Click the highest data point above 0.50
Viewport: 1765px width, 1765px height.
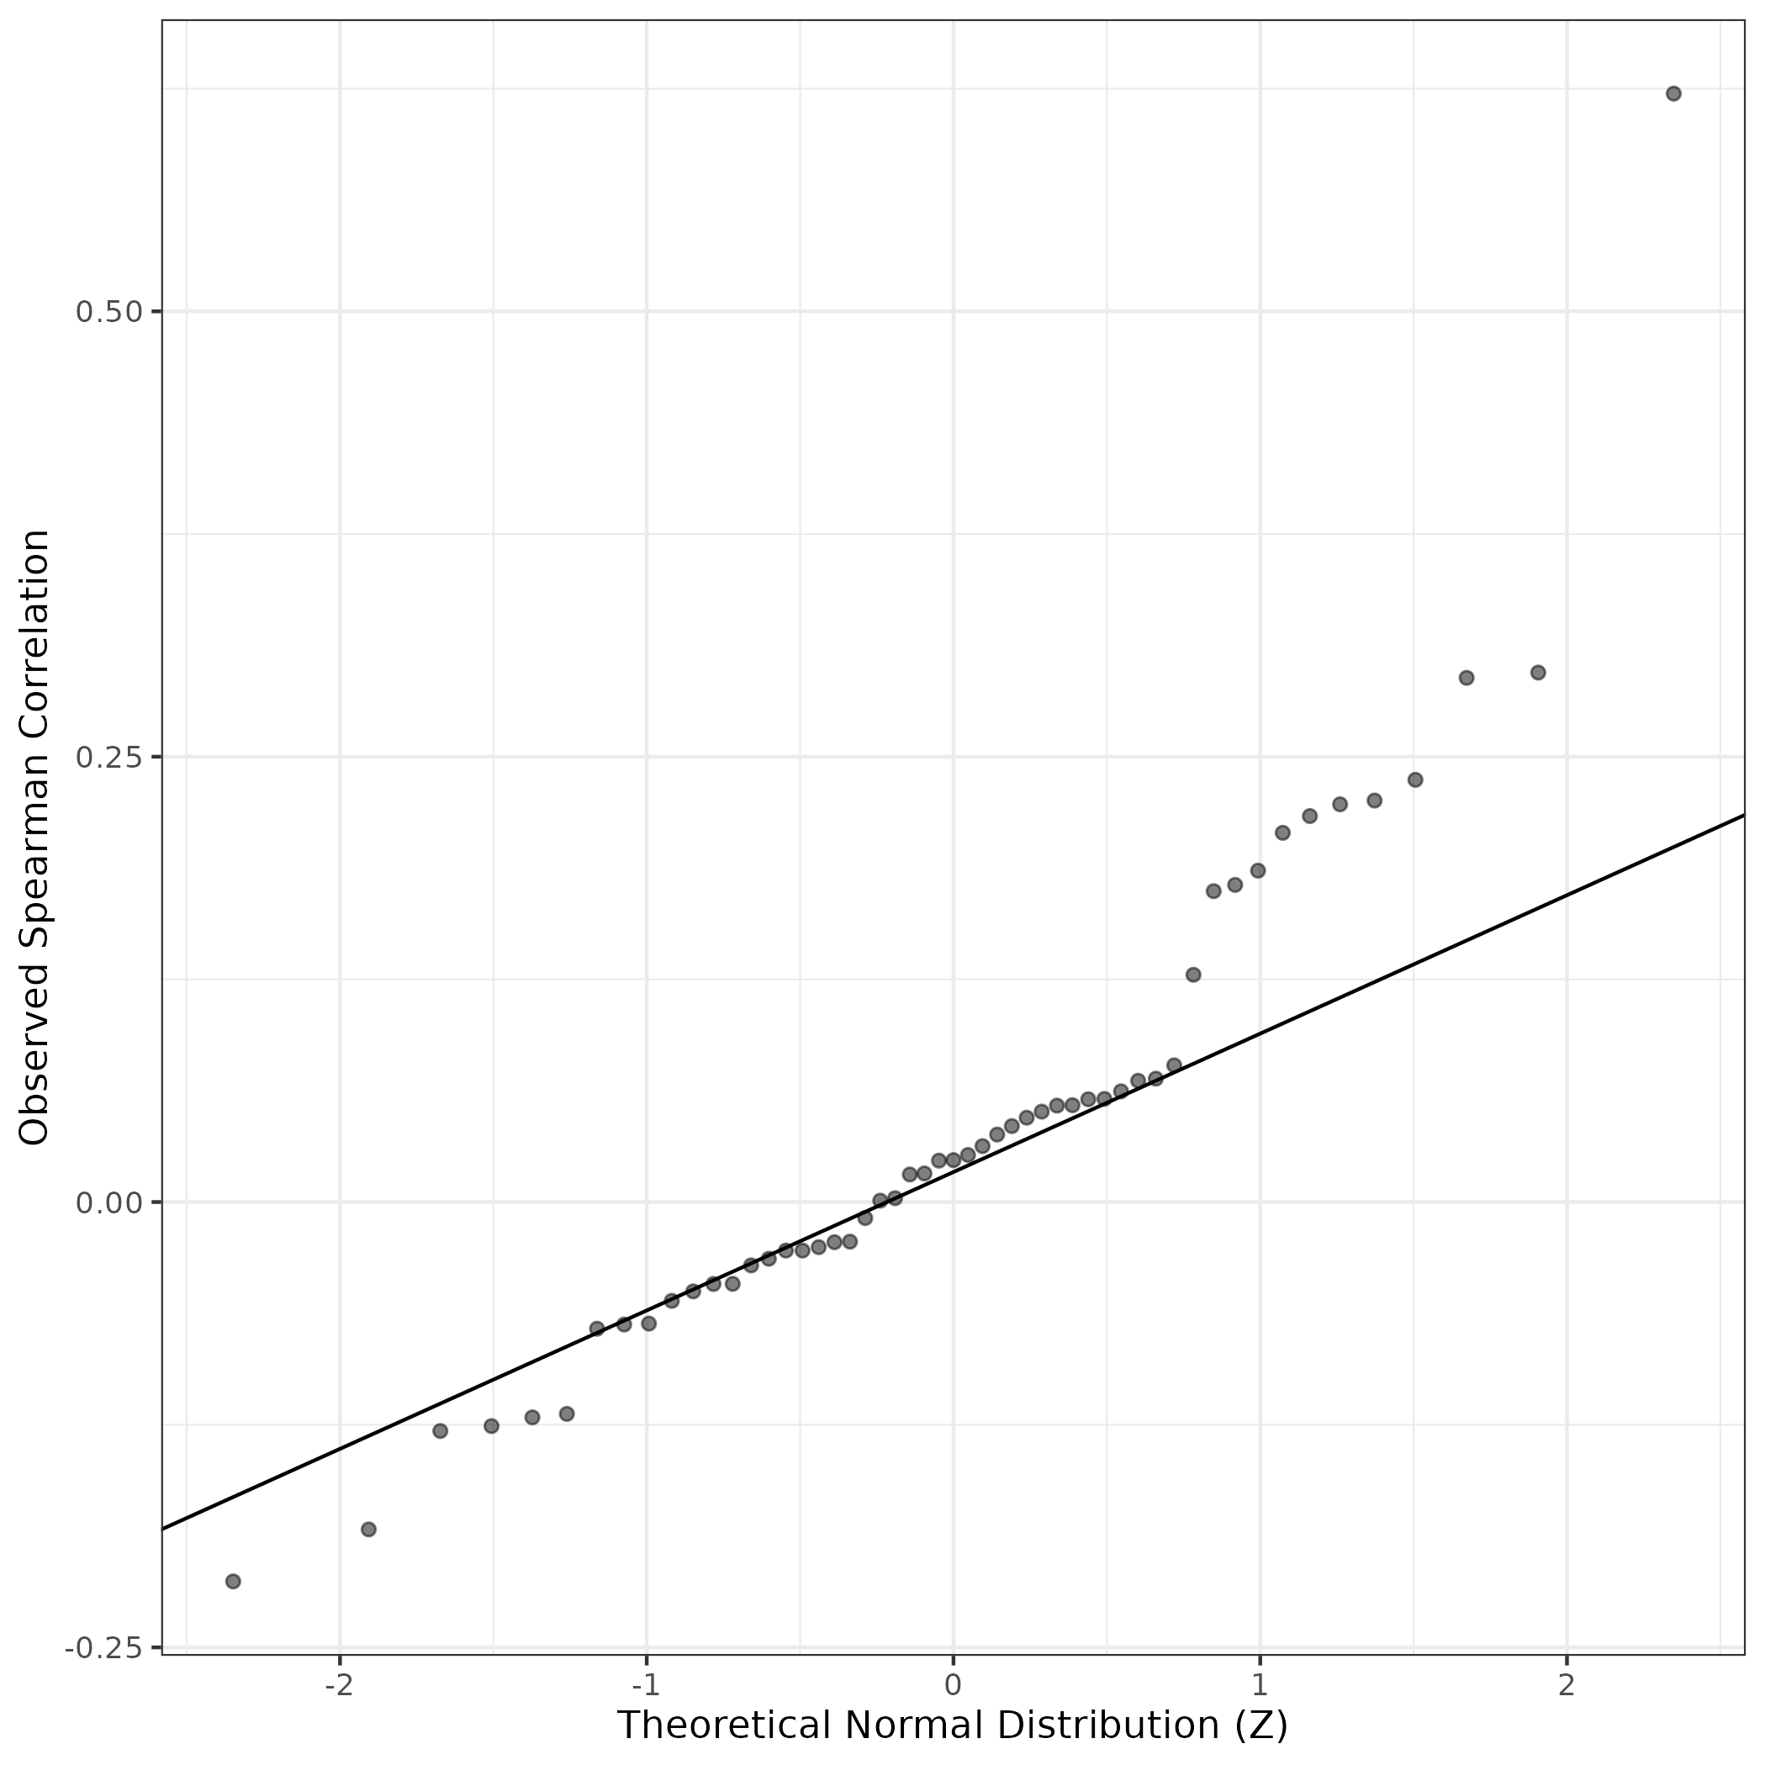click(x=1673, y=93)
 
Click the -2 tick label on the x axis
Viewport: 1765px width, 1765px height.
click(x=339, y=1683)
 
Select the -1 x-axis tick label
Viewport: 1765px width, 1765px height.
click(x=646, y=1683)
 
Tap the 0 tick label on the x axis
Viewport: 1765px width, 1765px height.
click(x=953, y=1683)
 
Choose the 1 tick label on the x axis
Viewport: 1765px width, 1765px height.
click(x=1260, y=1683)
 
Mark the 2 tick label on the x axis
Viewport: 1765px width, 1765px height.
click(x=1567, y=1683)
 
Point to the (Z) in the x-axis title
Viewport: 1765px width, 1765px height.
click(x=1260, y=1725)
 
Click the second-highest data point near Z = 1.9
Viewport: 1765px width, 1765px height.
click(x=1537, y=673)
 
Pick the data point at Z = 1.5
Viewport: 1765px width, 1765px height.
click(x=1415, y=779)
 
